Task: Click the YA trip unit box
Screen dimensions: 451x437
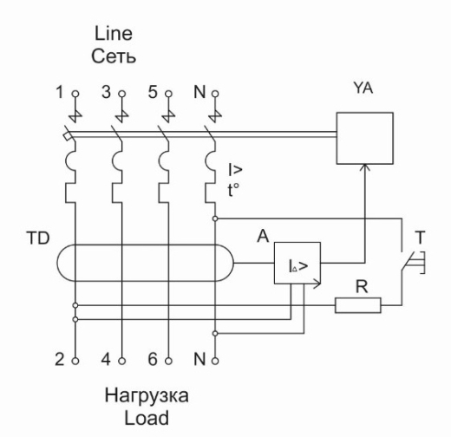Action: click(365, 113)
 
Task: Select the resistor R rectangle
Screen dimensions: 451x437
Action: click(358, 298)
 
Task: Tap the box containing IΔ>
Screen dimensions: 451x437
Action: click(297, 243)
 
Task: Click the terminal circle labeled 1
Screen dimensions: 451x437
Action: click(75, 94)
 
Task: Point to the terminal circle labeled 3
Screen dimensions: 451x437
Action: click(122, 94)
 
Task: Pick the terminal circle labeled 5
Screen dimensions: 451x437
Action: click(168, 94)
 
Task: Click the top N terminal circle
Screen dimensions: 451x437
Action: click(215, 94)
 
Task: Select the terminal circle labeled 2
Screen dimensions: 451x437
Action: click(75, 361)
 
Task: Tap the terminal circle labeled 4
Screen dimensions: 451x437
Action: click(122, 361)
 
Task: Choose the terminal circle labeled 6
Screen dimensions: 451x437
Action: click(168, 361)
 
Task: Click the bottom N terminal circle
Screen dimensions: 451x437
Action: click(215, 361)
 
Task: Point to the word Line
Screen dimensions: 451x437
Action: click(114, 34)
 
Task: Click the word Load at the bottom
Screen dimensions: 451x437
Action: click(147, 418)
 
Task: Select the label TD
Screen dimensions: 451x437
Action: click(38, 238)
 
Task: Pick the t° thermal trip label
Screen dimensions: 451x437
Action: click(233, 191)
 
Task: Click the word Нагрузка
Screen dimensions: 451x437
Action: click(147, 395)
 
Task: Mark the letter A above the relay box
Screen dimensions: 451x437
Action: click(263, 236)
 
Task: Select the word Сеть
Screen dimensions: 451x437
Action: click(114, 55)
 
